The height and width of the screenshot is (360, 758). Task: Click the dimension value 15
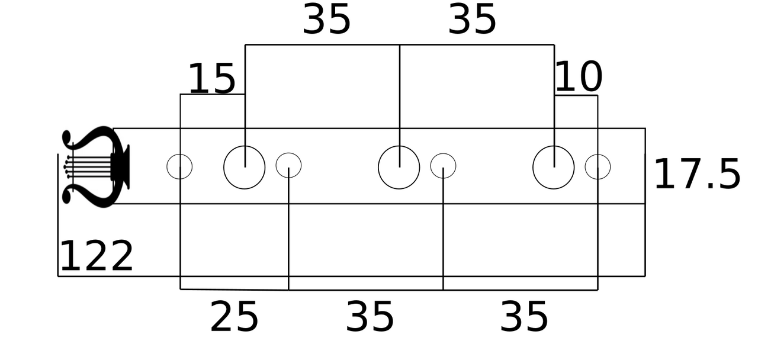[x=212, y=79]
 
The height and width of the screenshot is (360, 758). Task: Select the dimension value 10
[x=579, y=76]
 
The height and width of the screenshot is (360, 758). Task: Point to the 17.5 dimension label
[x=698, y=175]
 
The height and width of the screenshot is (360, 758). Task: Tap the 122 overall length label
[x=97, y=256]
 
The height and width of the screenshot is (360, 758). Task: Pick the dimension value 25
[x=234, y=317]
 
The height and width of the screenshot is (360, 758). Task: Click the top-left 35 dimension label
[x=326, y=19]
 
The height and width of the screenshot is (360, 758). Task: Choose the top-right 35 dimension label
[x=472, y=19]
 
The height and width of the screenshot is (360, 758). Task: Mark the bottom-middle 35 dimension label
[x=370, y=317]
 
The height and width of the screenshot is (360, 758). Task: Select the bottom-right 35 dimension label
[x=524, y=317]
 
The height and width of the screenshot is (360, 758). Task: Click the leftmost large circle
[x=224, y=168]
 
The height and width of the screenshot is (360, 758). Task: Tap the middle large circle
[x=378, y=168]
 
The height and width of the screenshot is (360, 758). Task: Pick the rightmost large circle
[x=533, y=168]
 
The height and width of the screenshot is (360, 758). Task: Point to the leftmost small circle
[x=167, y=166]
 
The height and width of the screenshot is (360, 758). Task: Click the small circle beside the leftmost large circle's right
[x=276, y=165]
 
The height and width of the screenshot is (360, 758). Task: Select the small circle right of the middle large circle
[x=431, y=166]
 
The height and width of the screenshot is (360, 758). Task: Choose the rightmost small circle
[x=586, y=167]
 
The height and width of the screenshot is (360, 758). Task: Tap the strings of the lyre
[x=88, y=167]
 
